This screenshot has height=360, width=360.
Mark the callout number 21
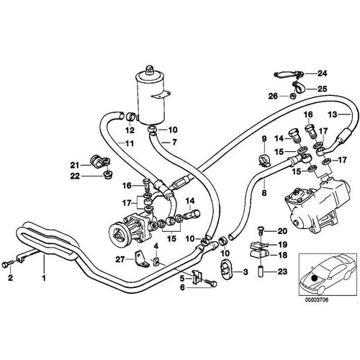pos(95,165)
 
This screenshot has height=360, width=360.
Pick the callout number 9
pos(264,138)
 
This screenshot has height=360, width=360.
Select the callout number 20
pos(282,231)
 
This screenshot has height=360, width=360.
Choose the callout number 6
pos(182,287)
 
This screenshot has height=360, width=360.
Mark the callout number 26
pos(274,96)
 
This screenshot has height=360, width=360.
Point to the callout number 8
pos(264,193)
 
